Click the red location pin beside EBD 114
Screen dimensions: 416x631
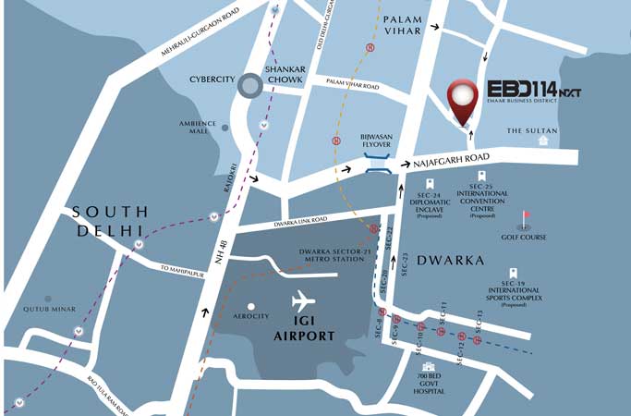click(462, 100)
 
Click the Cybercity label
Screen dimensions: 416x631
click(208, 80)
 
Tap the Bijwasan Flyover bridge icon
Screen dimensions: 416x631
click(376, 165)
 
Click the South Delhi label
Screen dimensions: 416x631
click(109, 220)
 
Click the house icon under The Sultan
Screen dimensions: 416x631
click(543, 142)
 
